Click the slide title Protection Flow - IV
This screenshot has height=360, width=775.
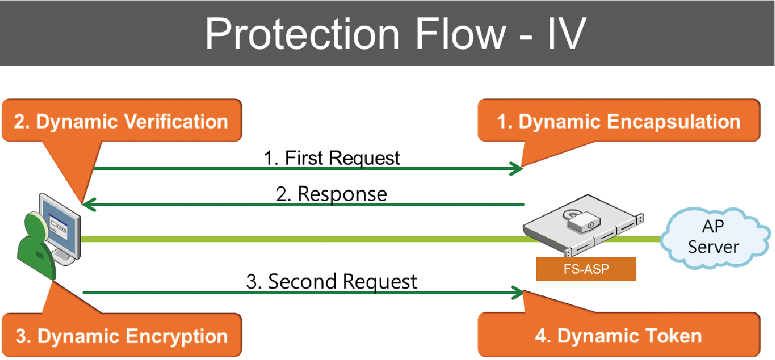396,34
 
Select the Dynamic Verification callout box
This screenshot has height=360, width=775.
122,120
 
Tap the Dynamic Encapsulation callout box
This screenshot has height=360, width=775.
618,120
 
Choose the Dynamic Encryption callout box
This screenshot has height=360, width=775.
122,335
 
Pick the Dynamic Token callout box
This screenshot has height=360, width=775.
618,335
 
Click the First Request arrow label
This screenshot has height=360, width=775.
332,158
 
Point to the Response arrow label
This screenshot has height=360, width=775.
332,194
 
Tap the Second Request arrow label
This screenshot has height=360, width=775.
332,282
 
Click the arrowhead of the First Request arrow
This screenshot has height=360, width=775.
516,169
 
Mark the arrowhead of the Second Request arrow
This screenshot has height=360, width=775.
516,293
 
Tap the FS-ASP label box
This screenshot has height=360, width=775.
586,269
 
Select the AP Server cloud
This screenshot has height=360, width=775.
715,238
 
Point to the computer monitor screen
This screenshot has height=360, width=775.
60,227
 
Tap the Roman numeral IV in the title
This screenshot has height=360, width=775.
567,34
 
